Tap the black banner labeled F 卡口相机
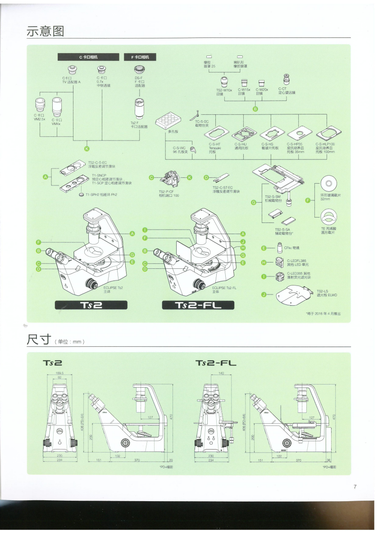click(x=140, y=57)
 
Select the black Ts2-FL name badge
click(x=198, y=306)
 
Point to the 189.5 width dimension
click(x=59, y=373)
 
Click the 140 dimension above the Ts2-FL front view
click(x=221, y=373)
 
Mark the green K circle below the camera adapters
click(x=87, y=149)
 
